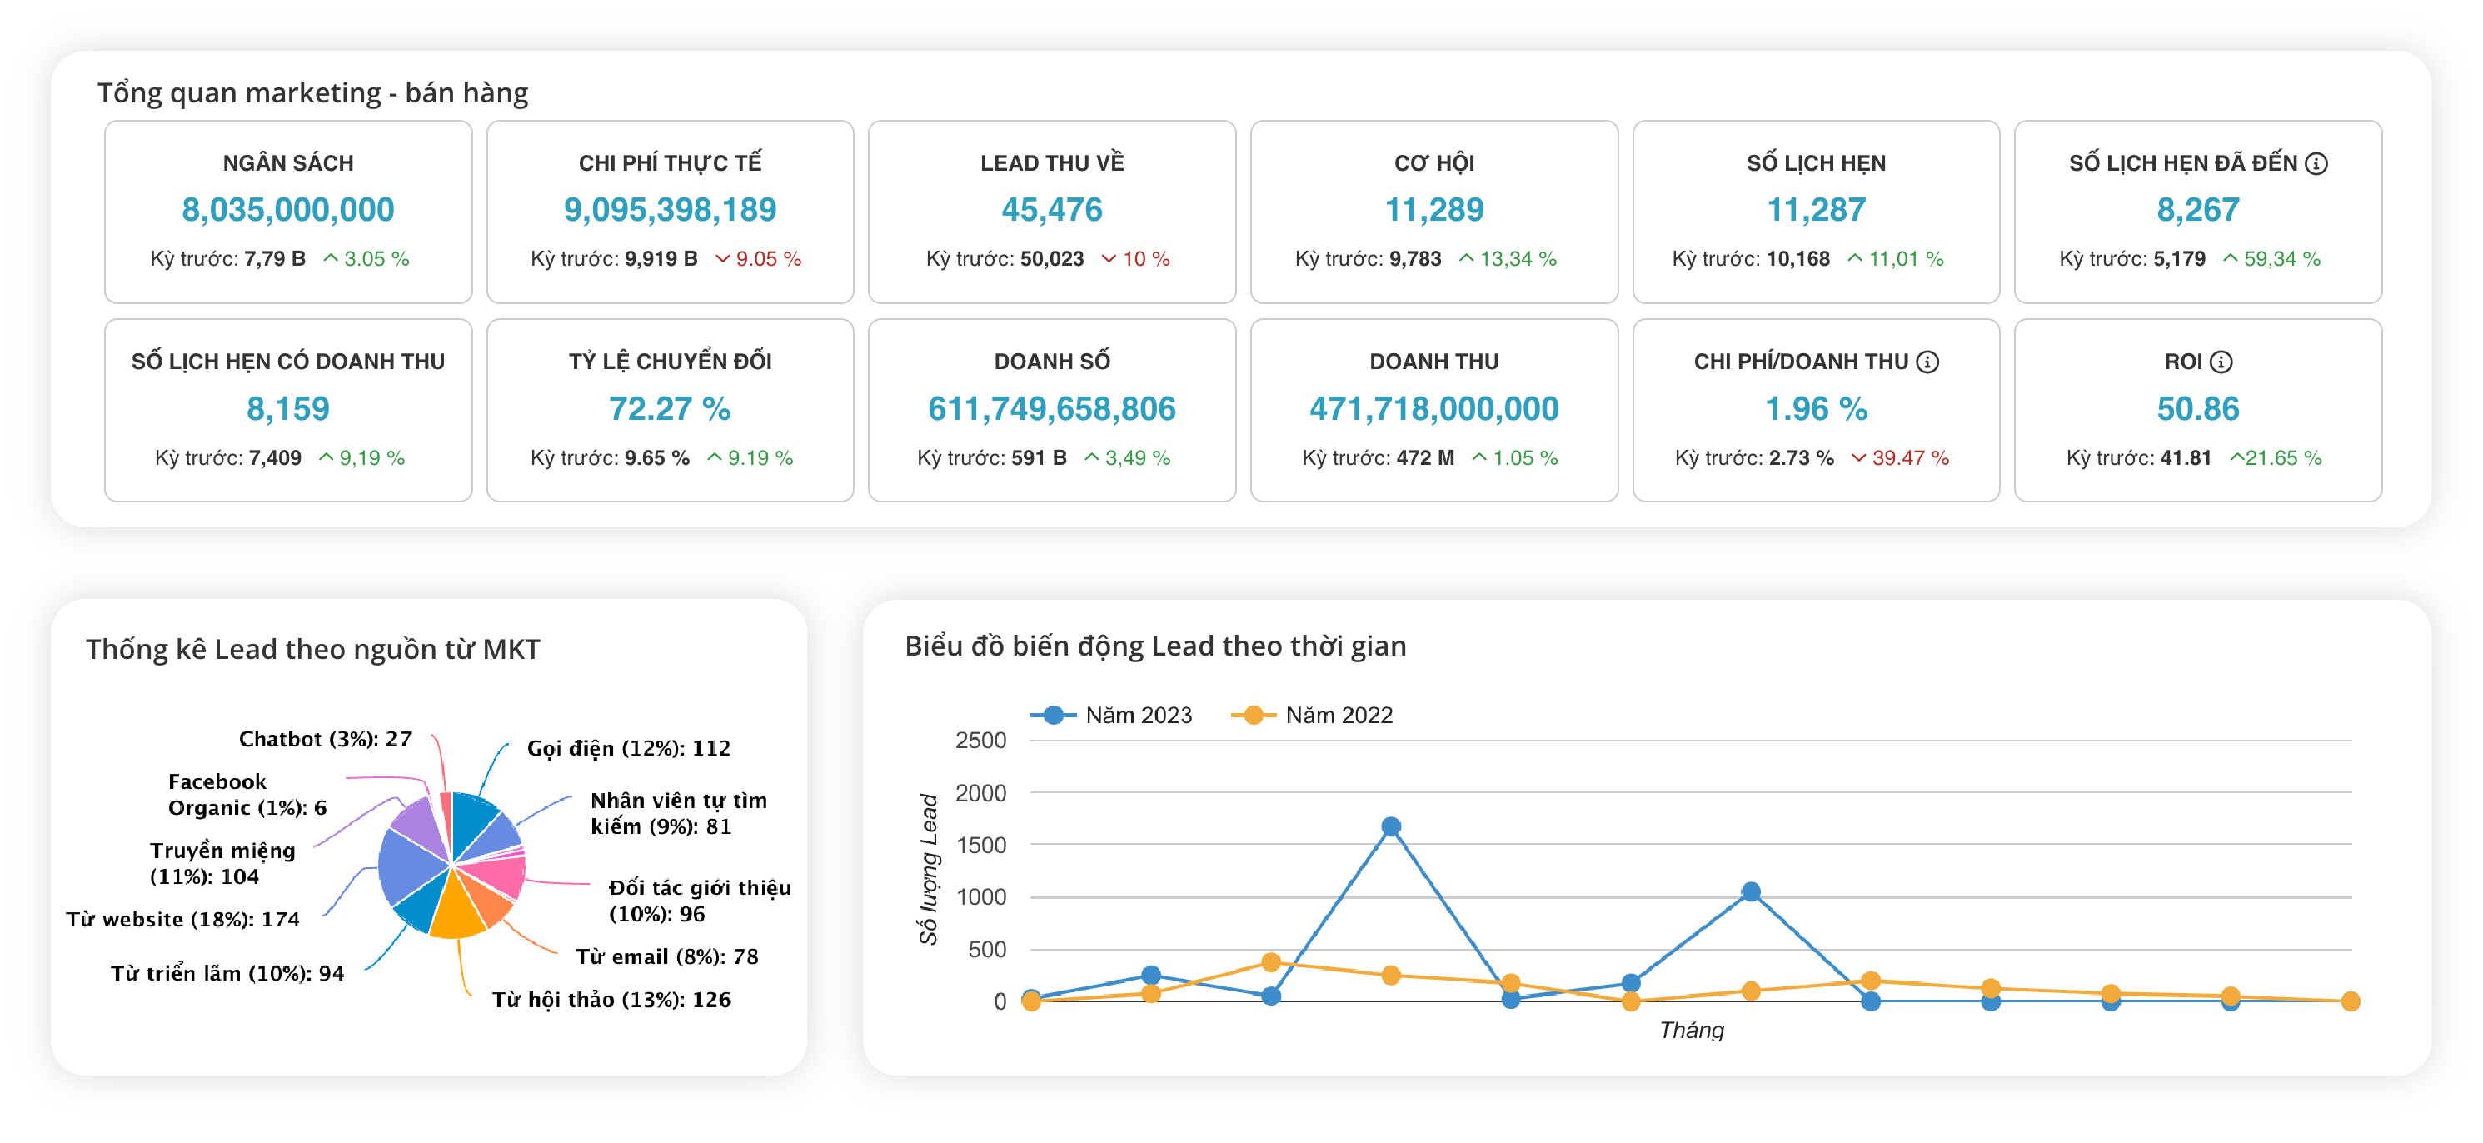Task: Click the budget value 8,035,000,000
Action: [287, 210]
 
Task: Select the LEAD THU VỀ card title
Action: [1052, 163]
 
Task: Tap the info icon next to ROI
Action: [2221, 362]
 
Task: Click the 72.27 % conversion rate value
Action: [669, 408]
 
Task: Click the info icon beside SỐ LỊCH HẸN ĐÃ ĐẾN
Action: [2316, 164]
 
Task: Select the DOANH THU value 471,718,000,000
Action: [1433, 408]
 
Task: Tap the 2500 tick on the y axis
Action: [980, 740]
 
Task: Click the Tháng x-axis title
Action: [1691, 1031]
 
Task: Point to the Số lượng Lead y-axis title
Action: [927, 869]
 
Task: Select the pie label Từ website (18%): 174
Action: [182, 920]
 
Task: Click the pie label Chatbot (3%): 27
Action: [325, 739]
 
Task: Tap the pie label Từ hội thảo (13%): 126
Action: [611, 1000]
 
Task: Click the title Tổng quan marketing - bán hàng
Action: [312, 92]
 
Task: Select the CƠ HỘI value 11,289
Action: [1433, 210]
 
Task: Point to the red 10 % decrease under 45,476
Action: [1135, 259]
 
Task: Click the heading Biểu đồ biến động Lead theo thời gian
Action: [1154, 646]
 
